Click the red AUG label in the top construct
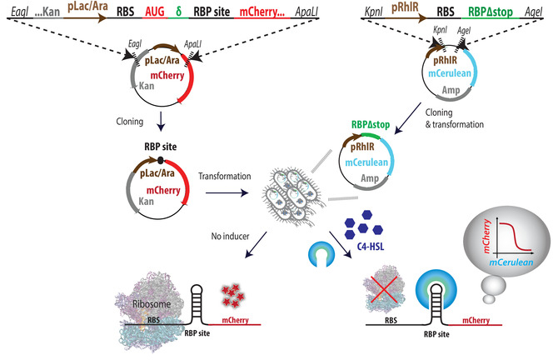[154, 12]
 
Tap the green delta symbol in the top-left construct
[178, 12]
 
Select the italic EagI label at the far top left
[19, 12]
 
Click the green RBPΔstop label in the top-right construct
[491, 12]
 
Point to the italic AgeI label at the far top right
[533, 12]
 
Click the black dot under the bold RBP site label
[160, 161]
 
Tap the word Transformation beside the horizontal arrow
[224, 176]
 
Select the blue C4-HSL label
[370, 246]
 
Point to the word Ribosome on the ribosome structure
[152, 304]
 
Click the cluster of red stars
[232, 295]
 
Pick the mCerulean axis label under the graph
[511, 262]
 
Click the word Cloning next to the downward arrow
[129, 122]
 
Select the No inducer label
[230, 236]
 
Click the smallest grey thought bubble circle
[489, 299]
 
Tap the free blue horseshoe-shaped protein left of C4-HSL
[321, 254]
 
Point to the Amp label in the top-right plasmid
[451, 90]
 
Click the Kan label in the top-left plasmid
[147, 86]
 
